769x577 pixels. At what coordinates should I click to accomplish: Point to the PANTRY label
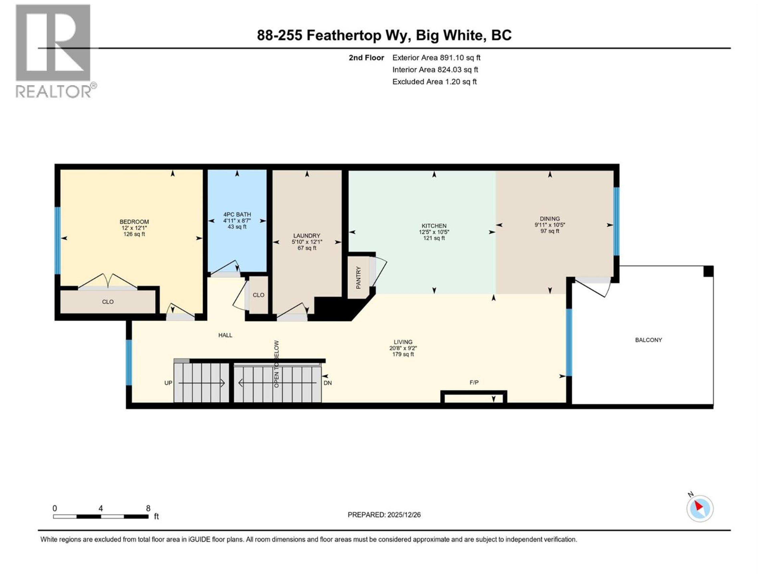coord(358,277)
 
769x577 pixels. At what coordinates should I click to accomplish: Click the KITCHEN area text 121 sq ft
coord(434,238)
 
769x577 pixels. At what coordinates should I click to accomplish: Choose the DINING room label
coord(550,218)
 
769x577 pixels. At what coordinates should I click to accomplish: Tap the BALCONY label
coord(648,340)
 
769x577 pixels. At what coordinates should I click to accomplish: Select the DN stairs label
coord(327,383)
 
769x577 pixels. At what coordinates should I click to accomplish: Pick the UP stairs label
coord(168,383)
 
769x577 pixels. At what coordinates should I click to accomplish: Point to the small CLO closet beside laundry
coord(258,295)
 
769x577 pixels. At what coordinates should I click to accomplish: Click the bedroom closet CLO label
coord(108,302)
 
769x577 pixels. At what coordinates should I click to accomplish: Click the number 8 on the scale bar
coord(148,508)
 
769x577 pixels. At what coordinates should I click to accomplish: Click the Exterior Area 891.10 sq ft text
coord(436,58)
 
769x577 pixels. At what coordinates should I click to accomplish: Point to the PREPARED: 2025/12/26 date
coord(384,515)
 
